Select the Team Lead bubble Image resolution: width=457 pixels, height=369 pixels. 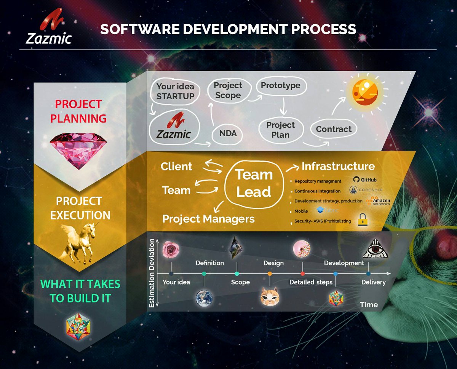pyautogui.click(x=254, y=183)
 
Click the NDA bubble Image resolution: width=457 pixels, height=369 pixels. pyautogui.click(x=228, y=133)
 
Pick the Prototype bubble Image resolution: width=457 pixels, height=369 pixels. pyautogui.click(x=280, y=86)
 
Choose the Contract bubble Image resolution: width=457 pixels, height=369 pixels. pyautogui.click(x=334, y=129)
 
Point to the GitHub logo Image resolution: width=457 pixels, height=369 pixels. pyautogui.click(x=364, y=180)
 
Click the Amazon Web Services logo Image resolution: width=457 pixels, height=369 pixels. pyautogui.click(x=378, y=201)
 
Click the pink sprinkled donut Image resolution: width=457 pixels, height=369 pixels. pyautogui.click(x=302, y=249)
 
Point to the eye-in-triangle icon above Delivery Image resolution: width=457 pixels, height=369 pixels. pyautogui.click(x=374, y=249)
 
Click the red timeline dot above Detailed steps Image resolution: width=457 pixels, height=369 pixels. pyautogui.click(x=302, y=274)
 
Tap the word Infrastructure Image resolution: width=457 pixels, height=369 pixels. pyautogui.click(x=338, y=166)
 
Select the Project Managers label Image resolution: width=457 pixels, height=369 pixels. pyautogui.click(x=208, y=219)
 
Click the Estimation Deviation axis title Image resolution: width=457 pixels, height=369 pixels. pyautogui.click(x=152, y=273)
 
